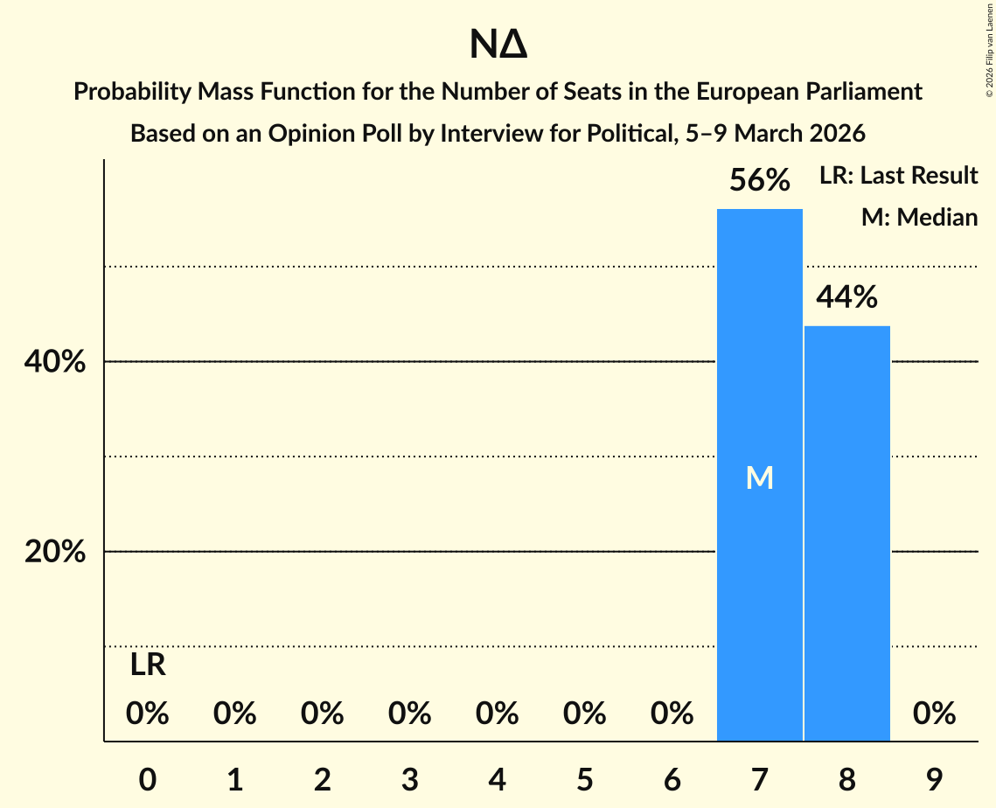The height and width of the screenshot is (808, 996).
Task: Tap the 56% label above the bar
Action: [760, 181]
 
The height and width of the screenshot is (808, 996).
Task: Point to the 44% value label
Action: [846, 298]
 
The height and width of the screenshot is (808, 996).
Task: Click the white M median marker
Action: [759, 477]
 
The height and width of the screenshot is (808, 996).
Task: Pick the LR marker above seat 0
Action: [148, 665]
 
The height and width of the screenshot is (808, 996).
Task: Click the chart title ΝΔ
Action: [498, 45]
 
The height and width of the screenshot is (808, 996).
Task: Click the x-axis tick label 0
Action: [148, 779]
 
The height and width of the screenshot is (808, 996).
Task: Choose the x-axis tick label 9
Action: [934, 779]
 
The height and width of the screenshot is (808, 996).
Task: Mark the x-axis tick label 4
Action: [498, 779]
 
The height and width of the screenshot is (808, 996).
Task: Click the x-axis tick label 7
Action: [759, 779]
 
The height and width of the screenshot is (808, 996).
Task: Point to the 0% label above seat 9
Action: [934, 714]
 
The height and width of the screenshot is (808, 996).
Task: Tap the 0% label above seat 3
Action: [410, 714]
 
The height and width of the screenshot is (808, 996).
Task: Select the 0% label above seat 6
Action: [672, 714]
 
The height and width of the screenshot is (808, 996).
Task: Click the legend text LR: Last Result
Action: [898, 176]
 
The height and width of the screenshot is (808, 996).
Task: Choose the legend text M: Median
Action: [919, 217]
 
